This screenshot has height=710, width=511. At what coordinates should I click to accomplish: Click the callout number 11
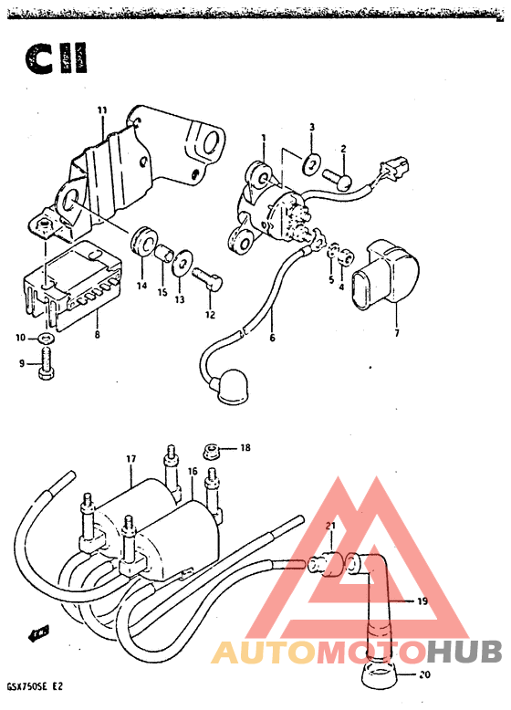tap(102, 110)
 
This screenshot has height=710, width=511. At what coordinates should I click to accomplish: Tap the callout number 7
tap(397, 333)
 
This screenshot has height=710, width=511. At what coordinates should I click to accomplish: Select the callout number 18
tap(245, 448)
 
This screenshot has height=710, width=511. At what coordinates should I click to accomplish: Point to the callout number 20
tap(424, 674)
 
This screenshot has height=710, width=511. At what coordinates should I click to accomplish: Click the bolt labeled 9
tap(47, 363)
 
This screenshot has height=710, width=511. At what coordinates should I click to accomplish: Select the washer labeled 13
tap(182, 262)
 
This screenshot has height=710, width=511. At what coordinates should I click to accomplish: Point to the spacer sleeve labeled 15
tap(163, 253)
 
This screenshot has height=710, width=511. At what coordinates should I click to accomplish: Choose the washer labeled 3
tap(311, 164)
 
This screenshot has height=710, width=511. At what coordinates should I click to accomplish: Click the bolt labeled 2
tap(338, 179)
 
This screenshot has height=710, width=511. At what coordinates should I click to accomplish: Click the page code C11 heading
tap(56, 58)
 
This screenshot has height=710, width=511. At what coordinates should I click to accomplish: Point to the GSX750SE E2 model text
tap(35, 686)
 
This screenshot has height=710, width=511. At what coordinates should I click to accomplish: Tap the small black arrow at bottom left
tap(38, 635)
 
